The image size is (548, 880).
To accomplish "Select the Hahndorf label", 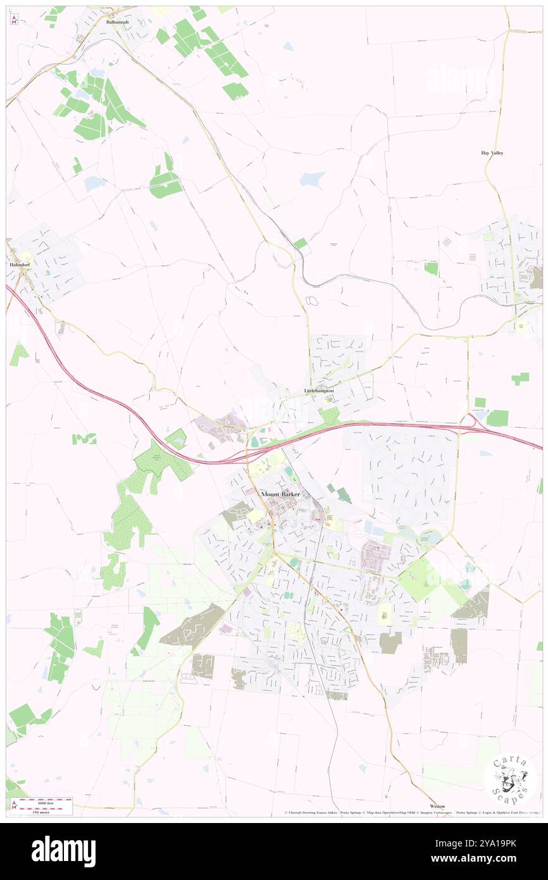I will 16,263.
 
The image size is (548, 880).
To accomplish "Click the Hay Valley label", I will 492,153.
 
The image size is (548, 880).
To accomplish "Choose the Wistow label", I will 437,806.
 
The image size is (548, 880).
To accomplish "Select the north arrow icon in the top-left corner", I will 14,20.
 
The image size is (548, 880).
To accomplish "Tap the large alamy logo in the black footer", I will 64,852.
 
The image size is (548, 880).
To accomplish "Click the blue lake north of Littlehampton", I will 311,179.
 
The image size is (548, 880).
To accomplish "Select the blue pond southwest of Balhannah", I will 95,184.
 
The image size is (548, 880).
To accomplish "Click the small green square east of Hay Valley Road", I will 431,268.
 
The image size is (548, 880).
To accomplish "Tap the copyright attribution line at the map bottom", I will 411,812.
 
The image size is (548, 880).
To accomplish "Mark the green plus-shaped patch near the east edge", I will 520,379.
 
